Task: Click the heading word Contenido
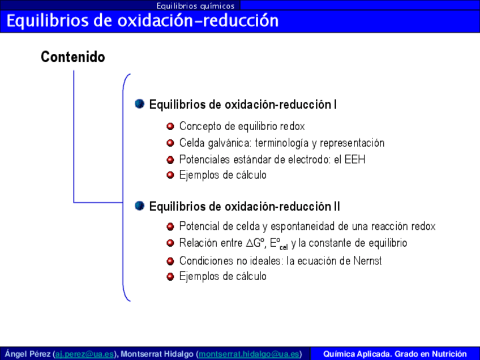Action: pos(73,57)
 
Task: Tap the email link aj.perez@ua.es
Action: pos(84,354)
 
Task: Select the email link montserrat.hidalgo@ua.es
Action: pos(248,354)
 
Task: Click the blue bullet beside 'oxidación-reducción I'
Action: pos(140,104)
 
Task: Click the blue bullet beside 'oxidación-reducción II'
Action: pos(140,205)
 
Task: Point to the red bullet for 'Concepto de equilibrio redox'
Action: pos(170,126)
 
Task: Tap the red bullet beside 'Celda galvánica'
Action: pos(170,143)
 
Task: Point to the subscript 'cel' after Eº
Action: pos(284,247)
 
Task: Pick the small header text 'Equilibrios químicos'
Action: pos(196,6)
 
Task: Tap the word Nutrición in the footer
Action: pos(447,354)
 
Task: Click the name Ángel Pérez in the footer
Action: pos(28,354)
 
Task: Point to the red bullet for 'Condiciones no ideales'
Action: pos(170,261)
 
